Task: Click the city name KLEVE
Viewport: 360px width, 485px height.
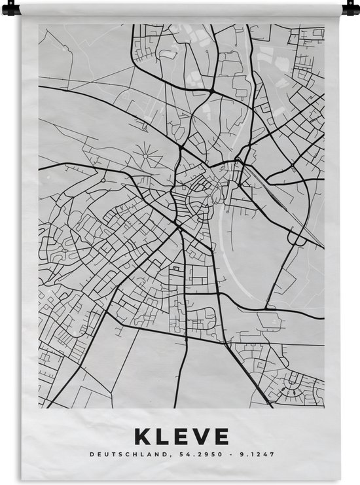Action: [x=181, y=436]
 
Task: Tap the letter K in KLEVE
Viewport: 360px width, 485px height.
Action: [x=141, y=436]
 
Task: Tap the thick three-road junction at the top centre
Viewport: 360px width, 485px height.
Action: [x=216, y=88]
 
